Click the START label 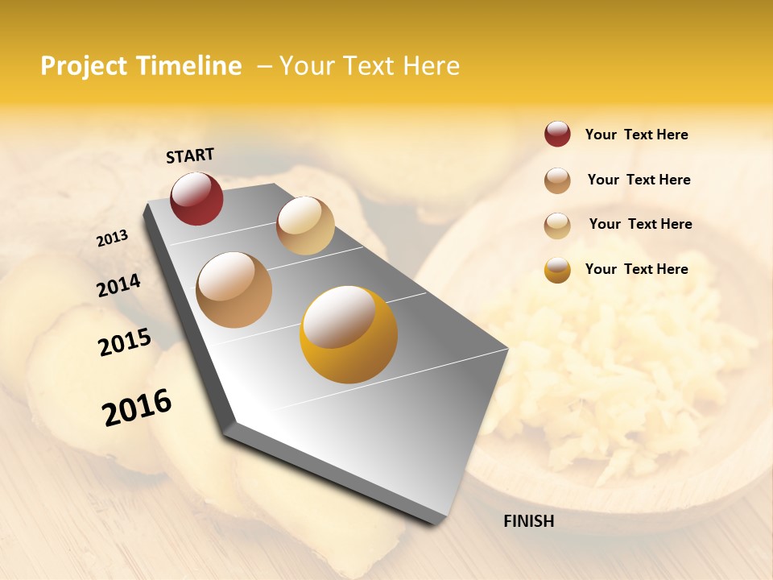190,155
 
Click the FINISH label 528,521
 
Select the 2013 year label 112,238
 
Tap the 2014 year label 118,286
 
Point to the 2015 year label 124,342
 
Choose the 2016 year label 137,407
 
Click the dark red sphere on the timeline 196,198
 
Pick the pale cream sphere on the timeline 305,225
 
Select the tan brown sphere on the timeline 234,289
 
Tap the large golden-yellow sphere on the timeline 348,334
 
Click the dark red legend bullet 557,134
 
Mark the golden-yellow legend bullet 557,270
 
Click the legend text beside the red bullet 636,135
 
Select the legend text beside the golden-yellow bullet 636,269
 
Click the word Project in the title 85,66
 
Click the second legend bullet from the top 557,180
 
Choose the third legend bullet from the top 557,226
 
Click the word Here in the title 431,66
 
